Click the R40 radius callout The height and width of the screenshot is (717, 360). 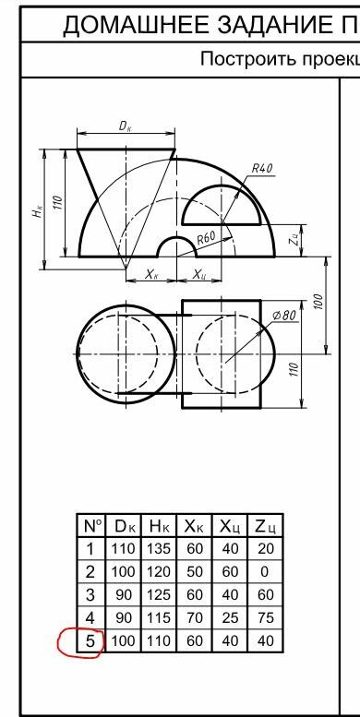pos(262,168)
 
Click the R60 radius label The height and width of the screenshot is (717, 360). pos(206,238)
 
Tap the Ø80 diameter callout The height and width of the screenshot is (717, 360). pos(284,315)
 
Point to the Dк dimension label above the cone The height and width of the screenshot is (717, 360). pos(126,126)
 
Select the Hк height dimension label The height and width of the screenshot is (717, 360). pos(39,210)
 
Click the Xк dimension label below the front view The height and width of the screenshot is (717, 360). pos(152,274)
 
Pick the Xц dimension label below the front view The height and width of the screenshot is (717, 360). pos(198,274)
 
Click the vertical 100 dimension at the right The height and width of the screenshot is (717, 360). pos(318,303)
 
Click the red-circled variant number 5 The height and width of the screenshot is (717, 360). pos(90,641)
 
